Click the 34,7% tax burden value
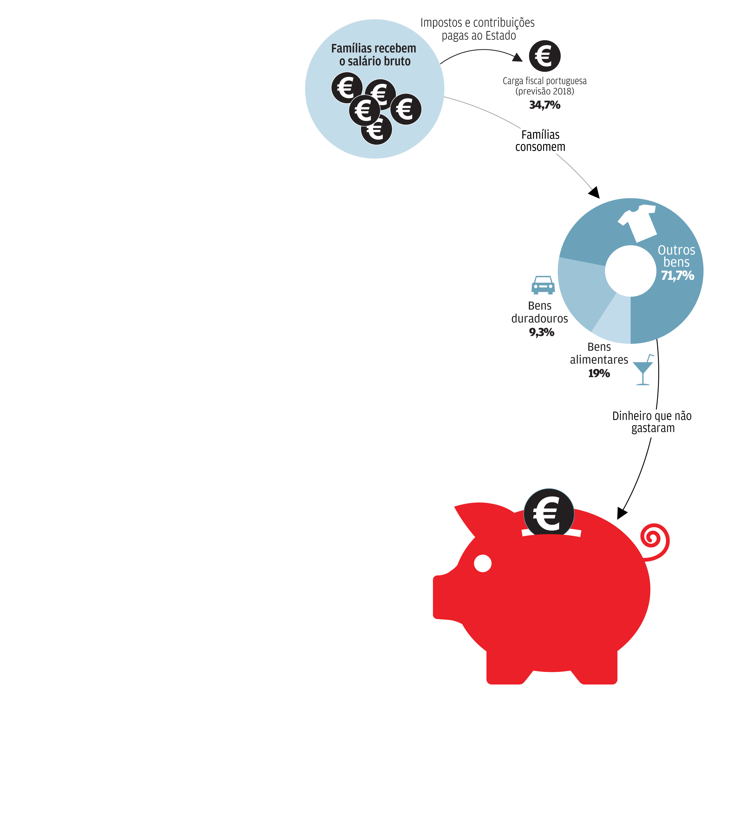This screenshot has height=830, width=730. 544,105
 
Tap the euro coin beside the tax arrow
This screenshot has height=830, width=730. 544,56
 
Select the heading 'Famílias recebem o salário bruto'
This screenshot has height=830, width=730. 374,55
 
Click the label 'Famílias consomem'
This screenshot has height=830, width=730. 540,141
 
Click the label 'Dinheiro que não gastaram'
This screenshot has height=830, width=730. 652,422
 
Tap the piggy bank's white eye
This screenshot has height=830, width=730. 482,563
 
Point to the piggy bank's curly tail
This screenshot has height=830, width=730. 655,542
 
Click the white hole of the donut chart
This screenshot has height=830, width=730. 630,271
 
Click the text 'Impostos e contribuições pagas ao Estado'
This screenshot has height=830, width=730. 477,29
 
